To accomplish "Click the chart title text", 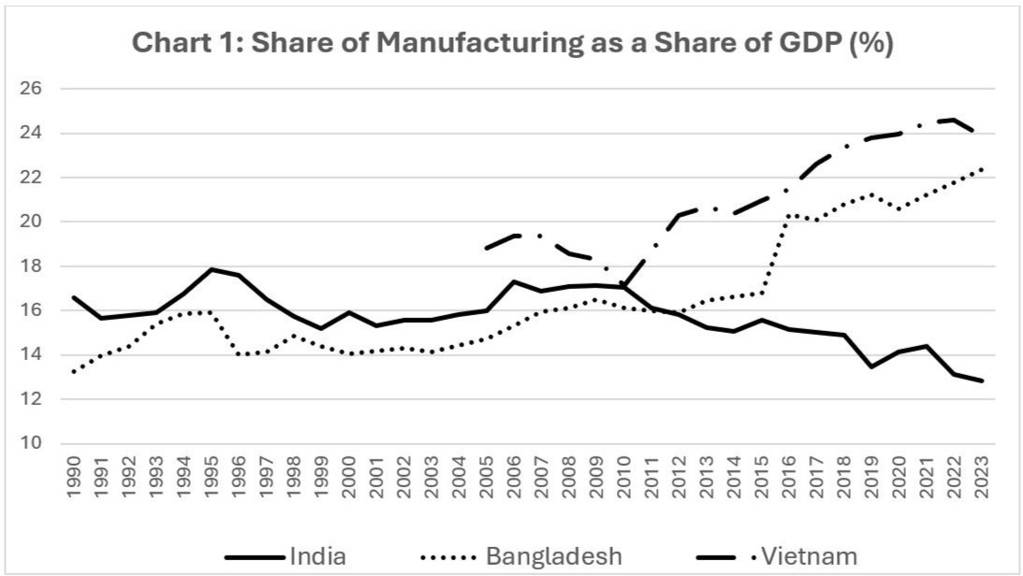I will coord(512,44).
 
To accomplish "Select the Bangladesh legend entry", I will coord(553,556).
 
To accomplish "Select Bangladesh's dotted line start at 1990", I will coord(74,372).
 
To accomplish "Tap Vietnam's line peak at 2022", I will coord(954,120).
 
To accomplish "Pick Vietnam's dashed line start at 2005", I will coord(487,248).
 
